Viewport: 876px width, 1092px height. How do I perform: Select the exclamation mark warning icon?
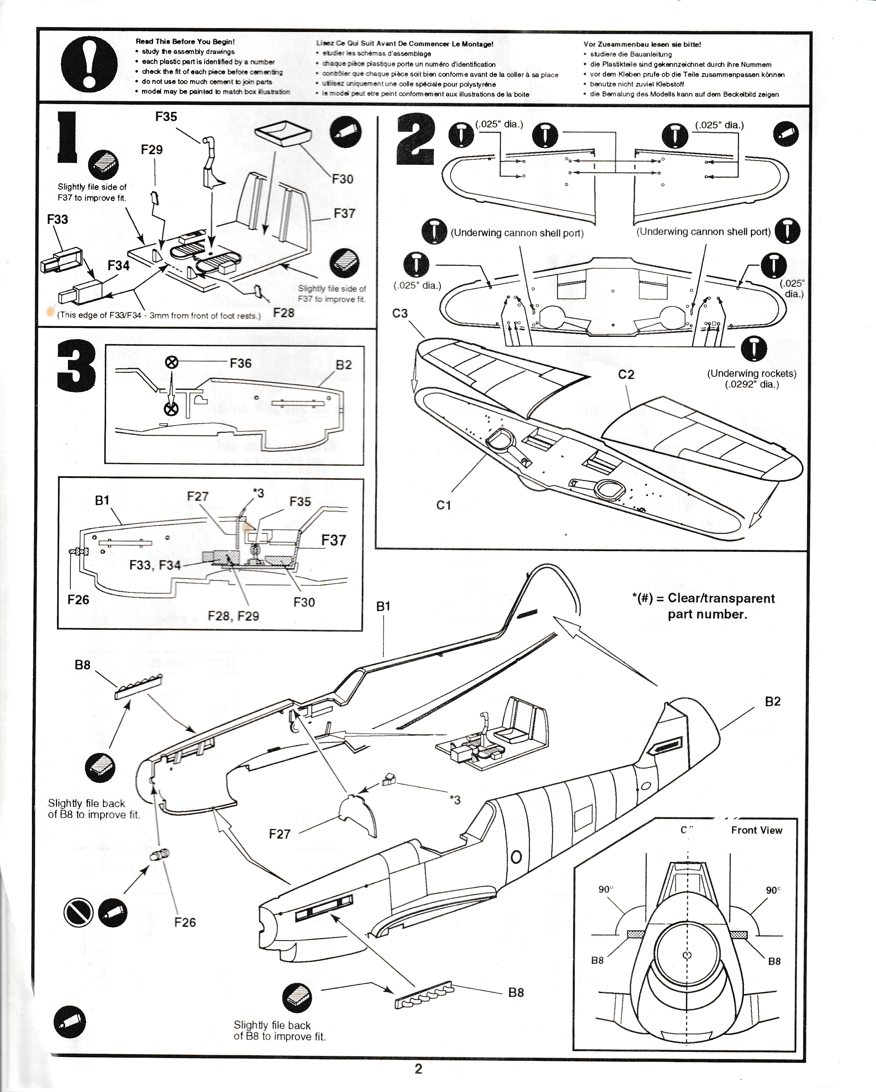[89, 64]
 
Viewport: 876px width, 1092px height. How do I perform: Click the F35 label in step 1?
[166, 117]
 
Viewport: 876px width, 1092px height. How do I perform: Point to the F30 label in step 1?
[342, 179]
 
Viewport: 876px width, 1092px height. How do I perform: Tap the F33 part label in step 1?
[57, 219]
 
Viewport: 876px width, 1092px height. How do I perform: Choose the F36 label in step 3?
[241, 363]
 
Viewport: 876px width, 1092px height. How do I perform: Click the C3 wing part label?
[400, 314]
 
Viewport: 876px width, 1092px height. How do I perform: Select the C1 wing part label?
[443, 505]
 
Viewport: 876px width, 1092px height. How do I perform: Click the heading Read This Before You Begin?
[185, 42]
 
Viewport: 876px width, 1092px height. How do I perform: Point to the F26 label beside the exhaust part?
[185, 922]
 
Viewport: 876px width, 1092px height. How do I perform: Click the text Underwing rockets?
[751, 373]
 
